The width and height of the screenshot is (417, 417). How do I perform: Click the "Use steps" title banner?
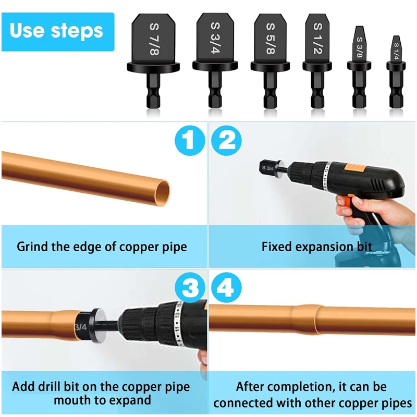pyautogui.click(x=57, y=31)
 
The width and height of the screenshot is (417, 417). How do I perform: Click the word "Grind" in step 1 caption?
pyautogui.click(x=33, y=246)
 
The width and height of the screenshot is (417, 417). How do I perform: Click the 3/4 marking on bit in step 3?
pyautogui.click(x=80, y=327)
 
